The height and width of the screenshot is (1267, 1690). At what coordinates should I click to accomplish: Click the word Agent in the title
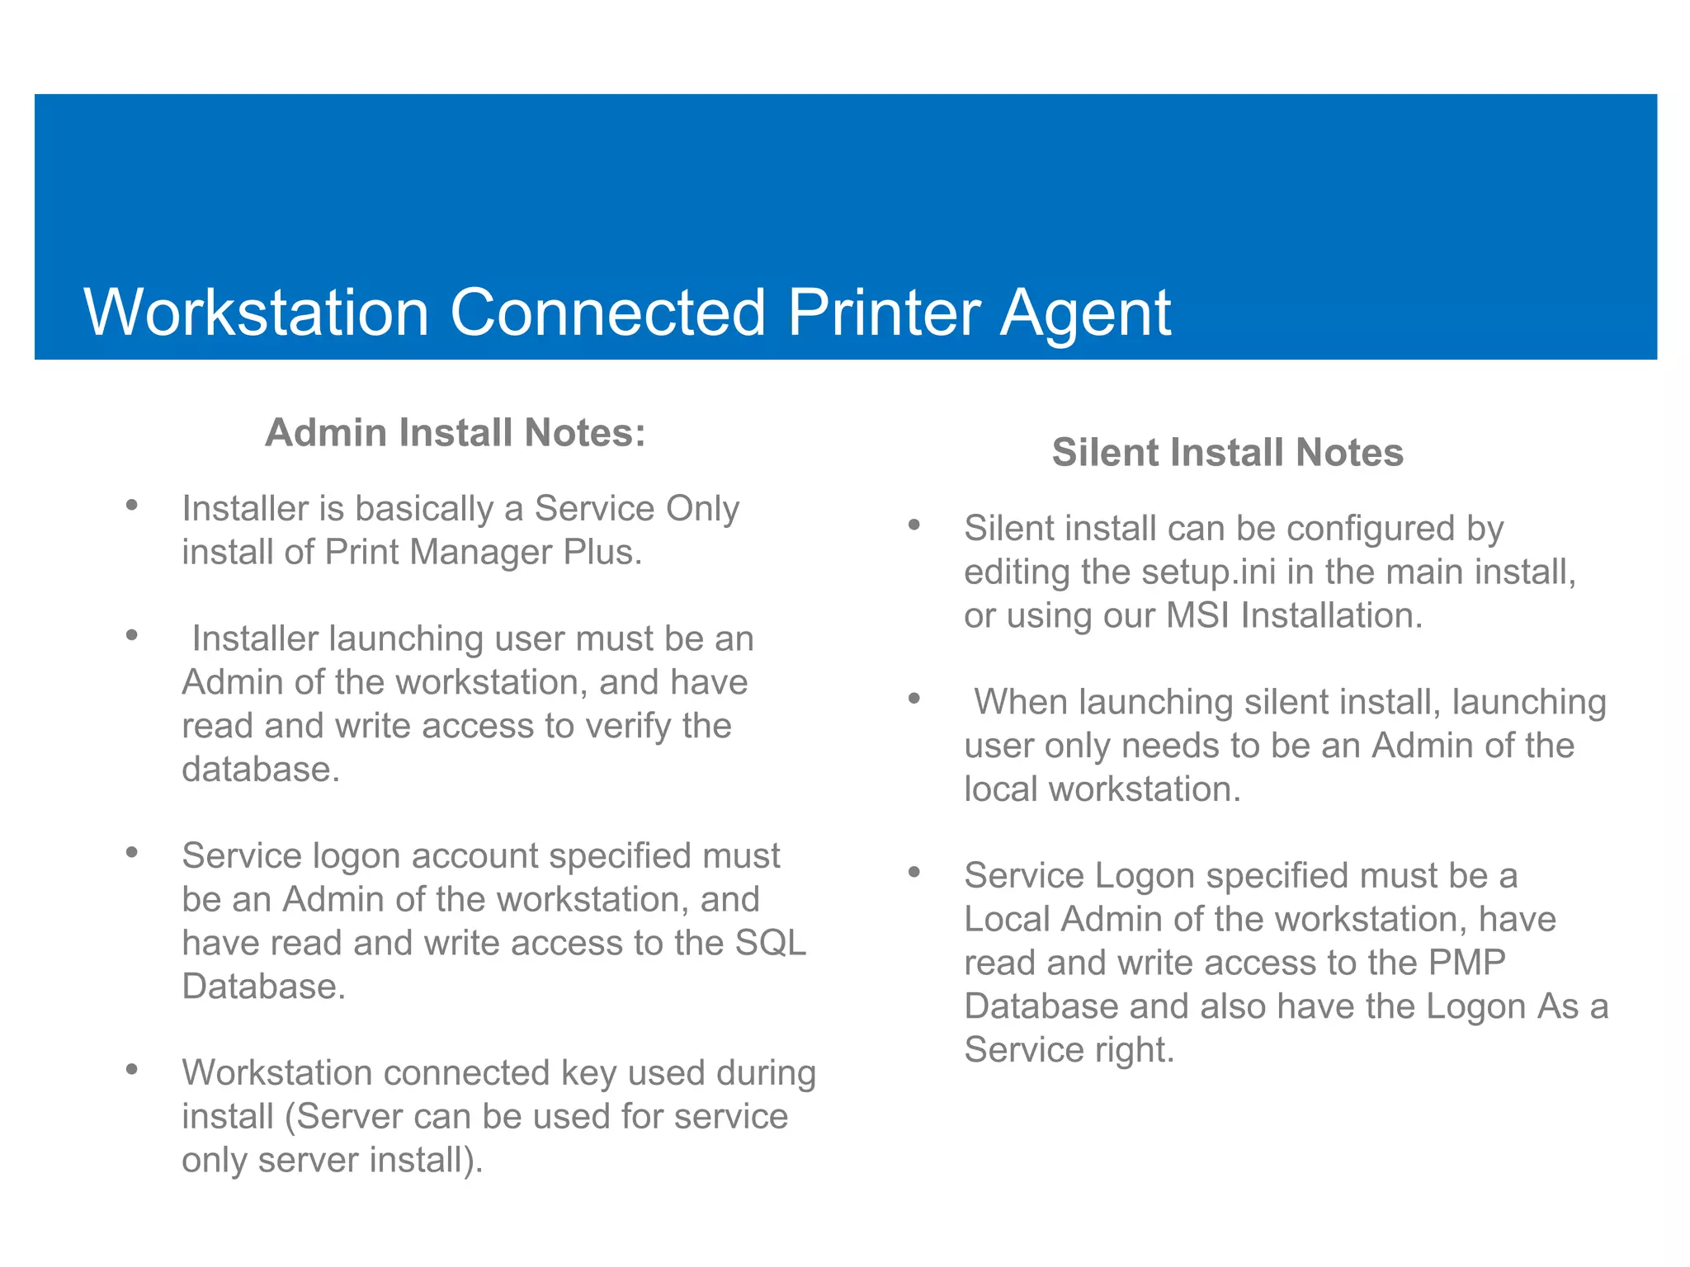tap(1086, 313)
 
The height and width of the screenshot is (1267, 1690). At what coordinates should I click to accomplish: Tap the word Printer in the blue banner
tap(884, 313)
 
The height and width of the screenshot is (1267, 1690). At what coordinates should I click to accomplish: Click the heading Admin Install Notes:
tap(455, 433)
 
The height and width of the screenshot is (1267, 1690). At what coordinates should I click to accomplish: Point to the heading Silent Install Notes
tap(1227, 453)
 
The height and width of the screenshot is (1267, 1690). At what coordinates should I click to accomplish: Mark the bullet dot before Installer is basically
tap(132, 505)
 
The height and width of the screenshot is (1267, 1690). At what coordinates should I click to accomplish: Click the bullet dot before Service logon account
tap(132, 852)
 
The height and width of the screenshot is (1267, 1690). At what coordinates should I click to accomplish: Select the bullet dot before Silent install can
tap(913, 525)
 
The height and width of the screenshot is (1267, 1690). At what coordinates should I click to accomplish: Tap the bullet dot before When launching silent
tap(913, 699)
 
